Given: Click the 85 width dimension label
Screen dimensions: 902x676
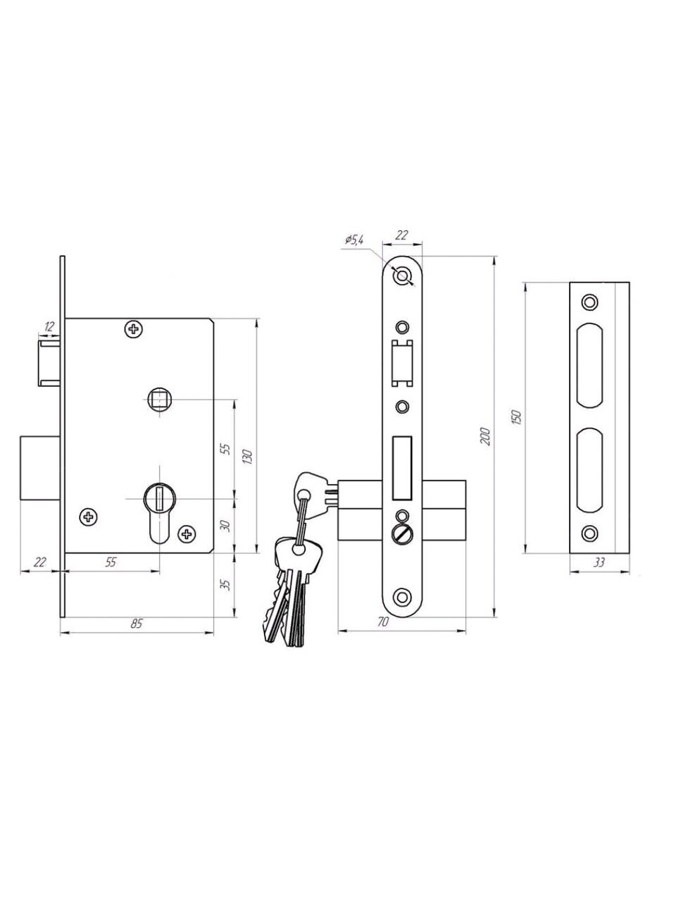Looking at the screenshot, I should click(137, 623).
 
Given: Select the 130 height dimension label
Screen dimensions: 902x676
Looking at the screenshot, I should click(246, 457).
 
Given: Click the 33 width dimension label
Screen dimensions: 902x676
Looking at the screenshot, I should click(600, 563).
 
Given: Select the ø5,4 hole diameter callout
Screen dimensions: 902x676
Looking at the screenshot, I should click(353, 241).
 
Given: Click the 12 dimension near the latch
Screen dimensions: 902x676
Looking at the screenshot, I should click(49, 326).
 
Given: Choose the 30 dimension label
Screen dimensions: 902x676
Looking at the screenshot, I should click(225, 526).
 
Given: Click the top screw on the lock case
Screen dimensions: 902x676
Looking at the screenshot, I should click(133, 328).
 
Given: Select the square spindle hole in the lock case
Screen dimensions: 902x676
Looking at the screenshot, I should click(158, 400).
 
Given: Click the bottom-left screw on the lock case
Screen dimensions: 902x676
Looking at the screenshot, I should click(89, 518).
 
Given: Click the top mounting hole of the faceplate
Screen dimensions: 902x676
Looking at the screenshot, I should click(403, 276).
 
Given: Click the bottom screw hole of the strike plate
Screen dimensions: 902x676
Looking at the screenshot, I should click(588, 533).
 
